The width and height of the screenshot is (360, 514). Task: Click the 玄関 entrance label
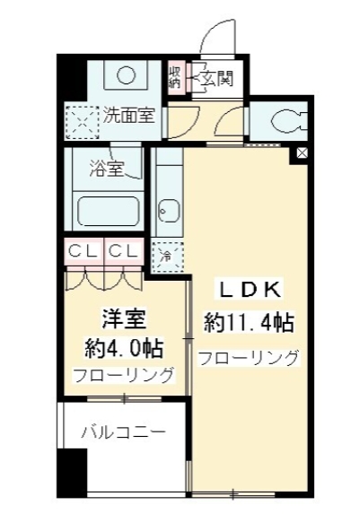(215, 78)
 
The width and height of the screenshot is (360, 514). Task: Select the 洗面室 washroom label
(127, 116)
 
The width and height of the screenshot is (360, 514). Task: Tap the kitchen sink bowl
(166, 213)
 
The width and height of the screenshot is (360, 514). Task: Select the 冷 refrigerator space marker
(165, 257)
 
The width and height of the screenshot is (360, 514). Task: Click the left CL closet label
(83, 250)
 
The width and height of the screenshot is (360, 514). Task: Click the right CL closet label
(124, 250)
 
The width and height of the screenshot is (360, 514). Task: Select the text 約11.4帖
(249, 321)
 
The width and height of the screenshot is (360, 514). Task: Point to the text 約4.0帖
(117, 346)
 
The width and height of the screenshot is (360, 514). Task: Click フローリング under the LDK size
(249, 358)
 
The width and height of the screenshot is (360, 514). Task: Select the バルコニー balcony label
(123, 431)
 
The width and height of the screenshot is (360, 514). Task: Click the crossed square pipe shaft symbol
(301, 153)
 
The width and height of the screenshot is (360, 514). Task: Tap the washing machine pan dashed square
(81, 118)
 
